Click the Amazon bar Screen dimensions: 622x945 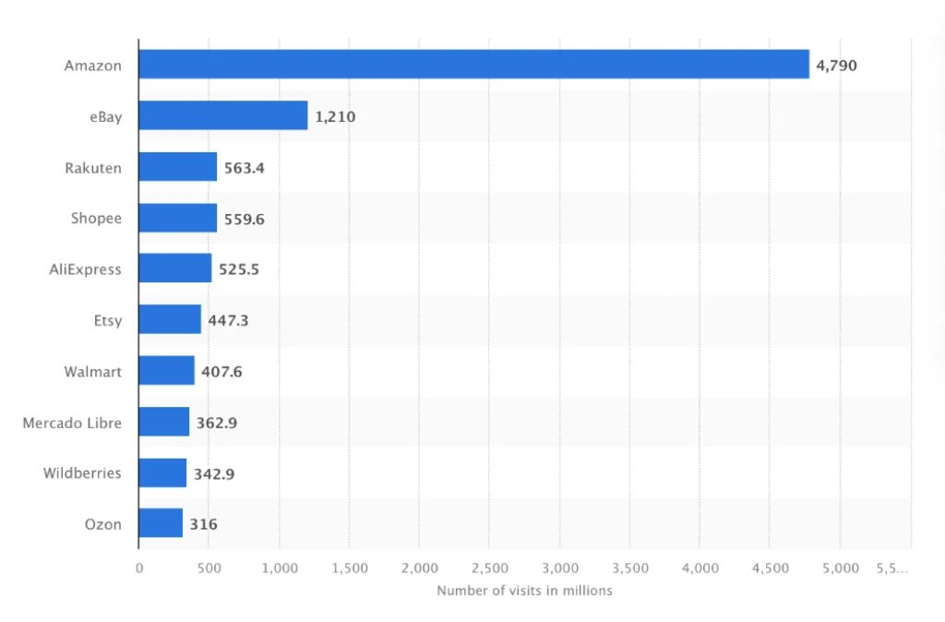(473, 65)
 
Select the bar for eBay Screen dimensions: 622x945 (222, 116)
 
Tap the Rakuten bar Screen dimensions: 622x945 (178, 167)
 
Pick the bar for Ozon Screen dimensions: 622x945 (161, 523)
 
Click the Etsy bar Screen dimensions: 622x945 (170, 320)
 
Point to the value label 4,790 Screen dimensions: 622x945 (837, 66)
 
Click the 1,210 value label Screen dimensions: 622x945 (335, 116)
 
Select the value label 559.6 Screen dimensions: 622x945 (245, 219)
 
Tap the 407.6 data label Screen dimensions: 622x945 (221, 372)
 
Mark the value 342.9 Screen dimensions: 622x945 (213, 473)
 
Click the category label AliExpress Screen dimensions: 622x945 (85, 269)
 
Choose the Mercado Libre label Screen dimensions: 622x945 (72, 423)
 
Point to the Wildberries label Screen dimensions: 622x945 (82, 473)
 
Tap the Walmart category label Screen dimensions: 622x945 (92, 372)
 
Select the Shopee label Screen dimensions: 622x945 (96, 219)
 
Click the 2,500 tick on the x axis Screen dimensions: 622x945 (489, 568)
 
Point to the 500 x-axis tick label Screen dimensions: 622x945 (209, 568)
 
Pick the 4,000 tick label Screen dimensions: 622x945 (700, 568)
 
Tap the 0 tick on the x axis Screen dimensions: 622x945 (139, 568)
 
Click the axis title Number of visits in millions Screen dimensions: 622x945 (524, 591)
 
